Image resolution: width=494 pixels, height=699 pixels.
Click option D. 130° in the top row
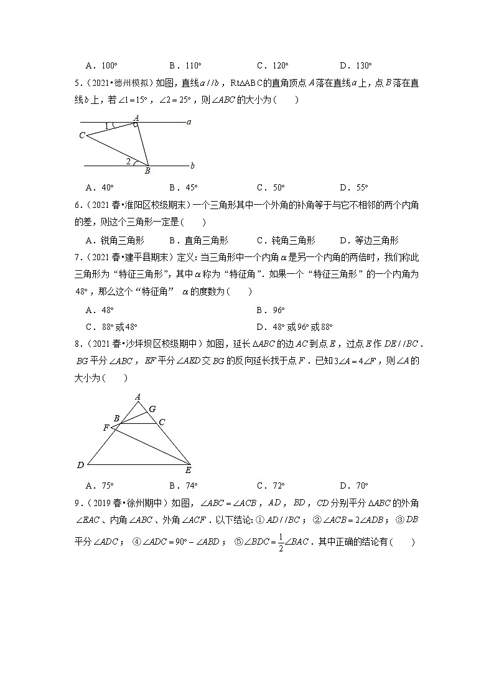click(x=355, y=65)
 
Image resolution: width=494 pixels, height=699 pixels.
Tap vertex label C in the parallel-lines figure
click(x=82, y=135)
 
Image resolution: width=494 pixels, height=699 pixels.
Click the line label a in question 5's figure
click(x=189, y=122)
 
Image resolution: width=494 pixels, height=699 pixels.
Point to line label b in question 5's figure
click(x=192, y=166)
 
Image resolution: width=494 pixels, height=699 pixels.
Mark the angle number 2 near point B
click(x=128, y=162)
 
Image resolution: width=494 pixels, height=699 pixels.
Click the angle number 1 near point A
click(x=106, y=126)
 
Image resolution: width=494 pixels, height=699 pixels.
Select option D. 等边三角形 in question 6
click(x=369, y=240)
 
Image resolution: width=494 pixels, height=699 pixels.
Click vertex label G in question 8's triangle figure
click(x=152, y=409)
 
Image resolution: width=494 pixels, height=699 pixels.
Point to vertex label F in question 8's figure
click(x=106, y=428)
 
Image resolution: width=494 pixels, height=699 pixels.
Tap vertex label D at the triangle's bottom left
click(x=80, y=465)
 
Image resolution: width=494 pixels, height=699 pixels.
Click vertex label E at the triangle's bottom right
click(x=189, y=470)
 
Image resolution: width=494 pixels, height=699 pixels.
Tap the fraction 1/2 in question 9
click(x=280, y=542)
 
